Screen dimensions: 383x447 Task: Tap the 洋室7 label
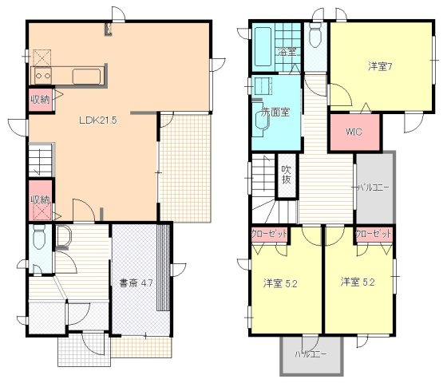click(378, 66)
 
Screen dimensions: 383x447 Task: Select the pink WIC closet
click(354, 132)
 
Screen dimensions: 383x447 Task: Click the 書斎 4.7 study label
click(136, 282)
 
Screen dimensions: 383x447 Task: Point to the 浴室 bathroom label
click(287, 52)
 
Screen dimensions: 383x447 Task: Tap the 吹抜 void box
click(286, 177)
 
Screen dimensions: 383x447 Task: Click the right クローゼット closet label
click(373, 235)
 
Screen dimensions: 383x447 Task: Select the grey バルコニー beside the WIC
click(373, 188)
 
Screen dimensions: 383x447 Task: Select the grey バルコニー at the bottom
click(310, 353)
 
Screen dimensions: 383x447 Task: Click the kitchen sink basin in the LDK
click(88, 76)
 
